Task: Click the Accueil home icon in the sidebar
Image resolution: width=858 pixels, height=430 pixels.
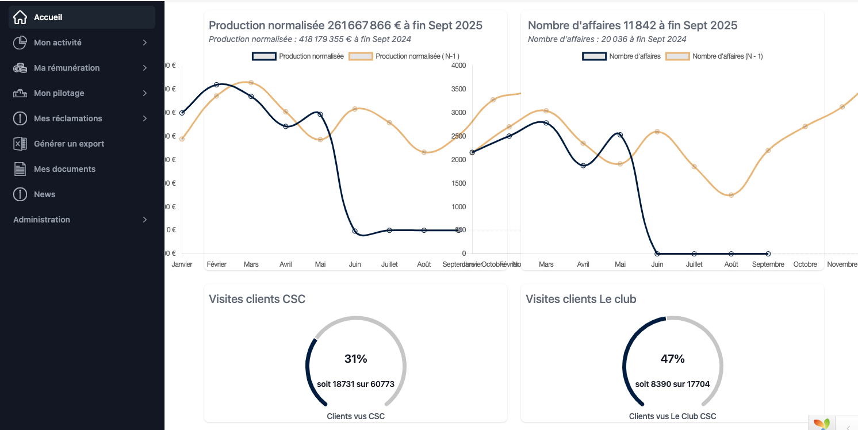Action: pos(20,17)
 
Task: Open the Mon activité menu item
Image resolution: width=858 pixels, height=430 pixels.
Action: pos(58,43)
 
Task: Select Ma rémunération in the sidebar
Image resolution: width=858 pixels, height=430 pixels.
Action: pos(67,68)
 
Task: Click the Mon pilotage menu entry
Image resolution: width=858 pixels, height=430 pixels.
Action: pos(59,93)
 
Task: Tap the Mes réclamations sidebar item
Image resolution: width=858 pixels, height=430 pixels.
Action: pos(68,118)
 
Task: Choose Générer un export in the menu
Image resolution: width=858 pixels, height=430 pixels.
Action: pos(69,144)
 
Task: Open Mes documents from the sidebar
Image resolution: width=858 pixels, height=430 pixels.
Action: pos(64,169)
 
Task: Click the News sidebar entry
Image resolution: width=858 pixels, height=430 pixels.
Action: pos(44,194)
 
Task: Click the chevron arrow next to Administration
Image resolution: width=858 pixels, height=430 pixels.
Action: pos(145,220)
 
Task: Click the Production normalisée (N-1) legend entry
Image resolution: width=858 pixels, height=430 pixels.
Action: pos(417,56)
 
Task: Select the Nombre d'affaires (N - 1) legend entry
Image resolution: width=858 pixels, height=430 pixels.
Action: pos(727,56)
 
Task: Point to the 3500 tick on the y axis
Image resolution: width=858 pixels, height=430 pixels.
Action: pos(458,89)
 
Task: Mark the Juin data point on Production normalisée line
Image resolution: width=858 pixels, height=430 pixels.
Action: pos(355,231)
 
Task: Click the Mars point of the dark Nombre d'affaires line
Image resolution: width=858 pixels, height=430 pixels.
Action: pos(546,123)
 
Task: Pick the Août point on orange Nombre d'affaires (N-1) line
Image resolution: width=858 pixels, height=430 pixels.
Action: pos(731,195)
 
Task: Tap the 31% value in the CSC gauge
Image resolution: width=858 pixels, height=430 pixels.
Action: pos(355,359)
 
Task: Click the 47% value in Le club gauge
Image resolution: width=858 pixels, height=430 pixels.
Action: pos(672,359)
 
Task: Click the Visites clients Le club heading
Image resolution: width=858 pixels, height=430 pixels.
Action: pos(581,299)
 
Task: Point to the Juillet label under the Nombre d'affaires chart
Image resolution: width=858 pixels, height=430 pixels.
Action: pos(694,264)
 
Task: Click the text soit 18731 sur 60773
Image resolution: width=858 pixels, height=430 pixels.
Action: pos(355,384)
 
